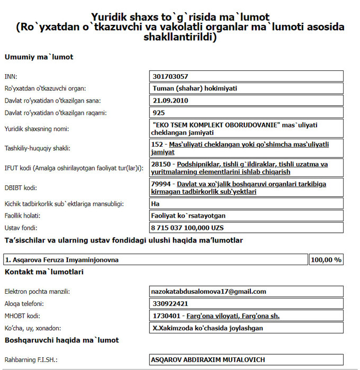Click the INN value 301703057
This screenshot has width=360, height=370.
(170, 77)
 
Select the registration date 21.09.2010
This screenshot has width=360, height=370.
(170, 101)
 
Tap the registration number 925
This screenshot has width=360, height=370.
(159, 113)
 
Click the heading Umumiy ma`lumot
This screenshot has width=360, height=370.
(39, 57)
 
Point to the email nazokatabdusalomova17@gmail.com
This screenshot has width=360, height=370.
(209, 291)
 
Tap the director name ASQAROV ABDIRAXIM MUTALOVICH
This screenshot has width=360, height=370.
(208, 360)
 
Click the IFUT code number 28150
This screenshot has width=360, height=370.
(160, 164)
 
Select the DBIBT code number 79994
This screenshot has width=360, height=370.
(160, 184)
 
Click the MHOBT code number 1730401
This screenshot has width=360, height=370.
(165, 316)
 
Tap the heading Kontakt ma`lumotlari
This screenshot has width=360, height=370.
(43, 272)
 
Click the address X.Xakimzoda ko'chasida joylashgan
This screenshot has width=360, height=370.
(207, 328)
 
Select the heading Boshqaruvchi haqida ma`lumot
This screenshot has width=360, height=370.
(61, 340)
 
